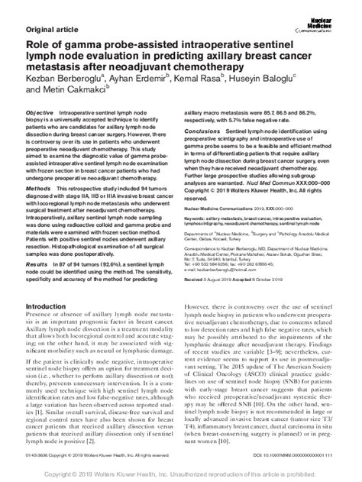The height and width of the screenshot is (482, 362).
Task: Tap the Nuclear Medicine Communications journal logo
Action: (x=337, y=11)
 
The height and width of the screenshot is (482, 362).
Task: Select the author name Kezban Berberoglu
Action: (x=46, y=79)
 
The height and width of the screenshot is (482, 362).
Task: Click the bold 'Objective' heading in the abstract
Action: (x=39, y=112)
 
